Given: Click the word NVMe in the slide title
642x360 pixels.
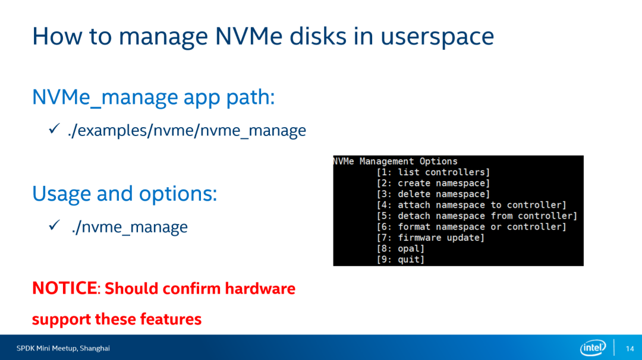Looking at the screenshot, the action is [x=248, y=36].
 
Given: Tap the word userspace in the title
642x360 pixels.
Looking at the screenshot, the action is [x=438, y=37].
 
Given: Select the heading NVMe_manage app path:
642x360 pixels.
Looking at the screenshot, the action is [x=153, y=98].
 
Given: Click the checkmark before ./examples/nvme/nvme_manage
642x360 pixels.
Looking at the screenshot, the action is [x=54, y=128].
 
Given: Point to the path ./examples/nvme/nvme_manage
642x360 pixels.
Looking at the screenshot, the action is [x=187, y=131].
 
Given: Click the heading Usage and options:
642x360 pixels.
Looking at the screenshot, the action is [x=124, y=194].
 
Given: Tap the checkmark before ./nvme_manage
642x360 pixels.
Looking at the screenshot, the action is [x=54, y=225].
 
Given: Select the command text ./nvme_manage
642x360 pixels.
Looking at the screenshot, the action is [x=130, y=227].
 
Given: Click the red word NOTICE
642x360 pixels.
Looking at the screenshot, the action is [x=65, y=288].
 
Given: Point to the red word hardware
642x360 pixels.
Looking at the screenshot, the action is [x=260, y=288].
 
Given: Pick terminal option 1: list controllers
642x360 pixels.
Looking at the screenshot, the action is [x=433, y=172].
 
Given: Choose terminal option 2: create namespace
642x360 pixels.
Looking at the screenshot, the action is [x=433, y=184].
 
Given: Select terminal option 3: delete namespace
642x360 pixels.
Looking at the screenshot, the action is [x=433, y=194].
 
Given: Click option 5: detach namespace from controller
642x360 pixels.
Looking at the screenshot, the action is [x=477, y=216].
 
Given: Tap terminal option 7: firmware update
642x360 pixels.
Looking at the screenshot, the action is [x=430, y=238].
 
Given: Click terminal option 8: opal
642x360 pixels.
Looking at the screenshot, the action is [x=401, y=249].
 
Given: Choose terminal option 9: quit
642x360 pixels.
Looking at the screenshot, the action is [x=401, y=260].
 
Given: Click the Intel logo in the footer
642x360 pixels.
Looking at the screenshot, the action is [x=593, y=348].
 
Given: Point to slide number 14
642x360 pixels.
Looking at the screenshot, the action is [x=630, y=349].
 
